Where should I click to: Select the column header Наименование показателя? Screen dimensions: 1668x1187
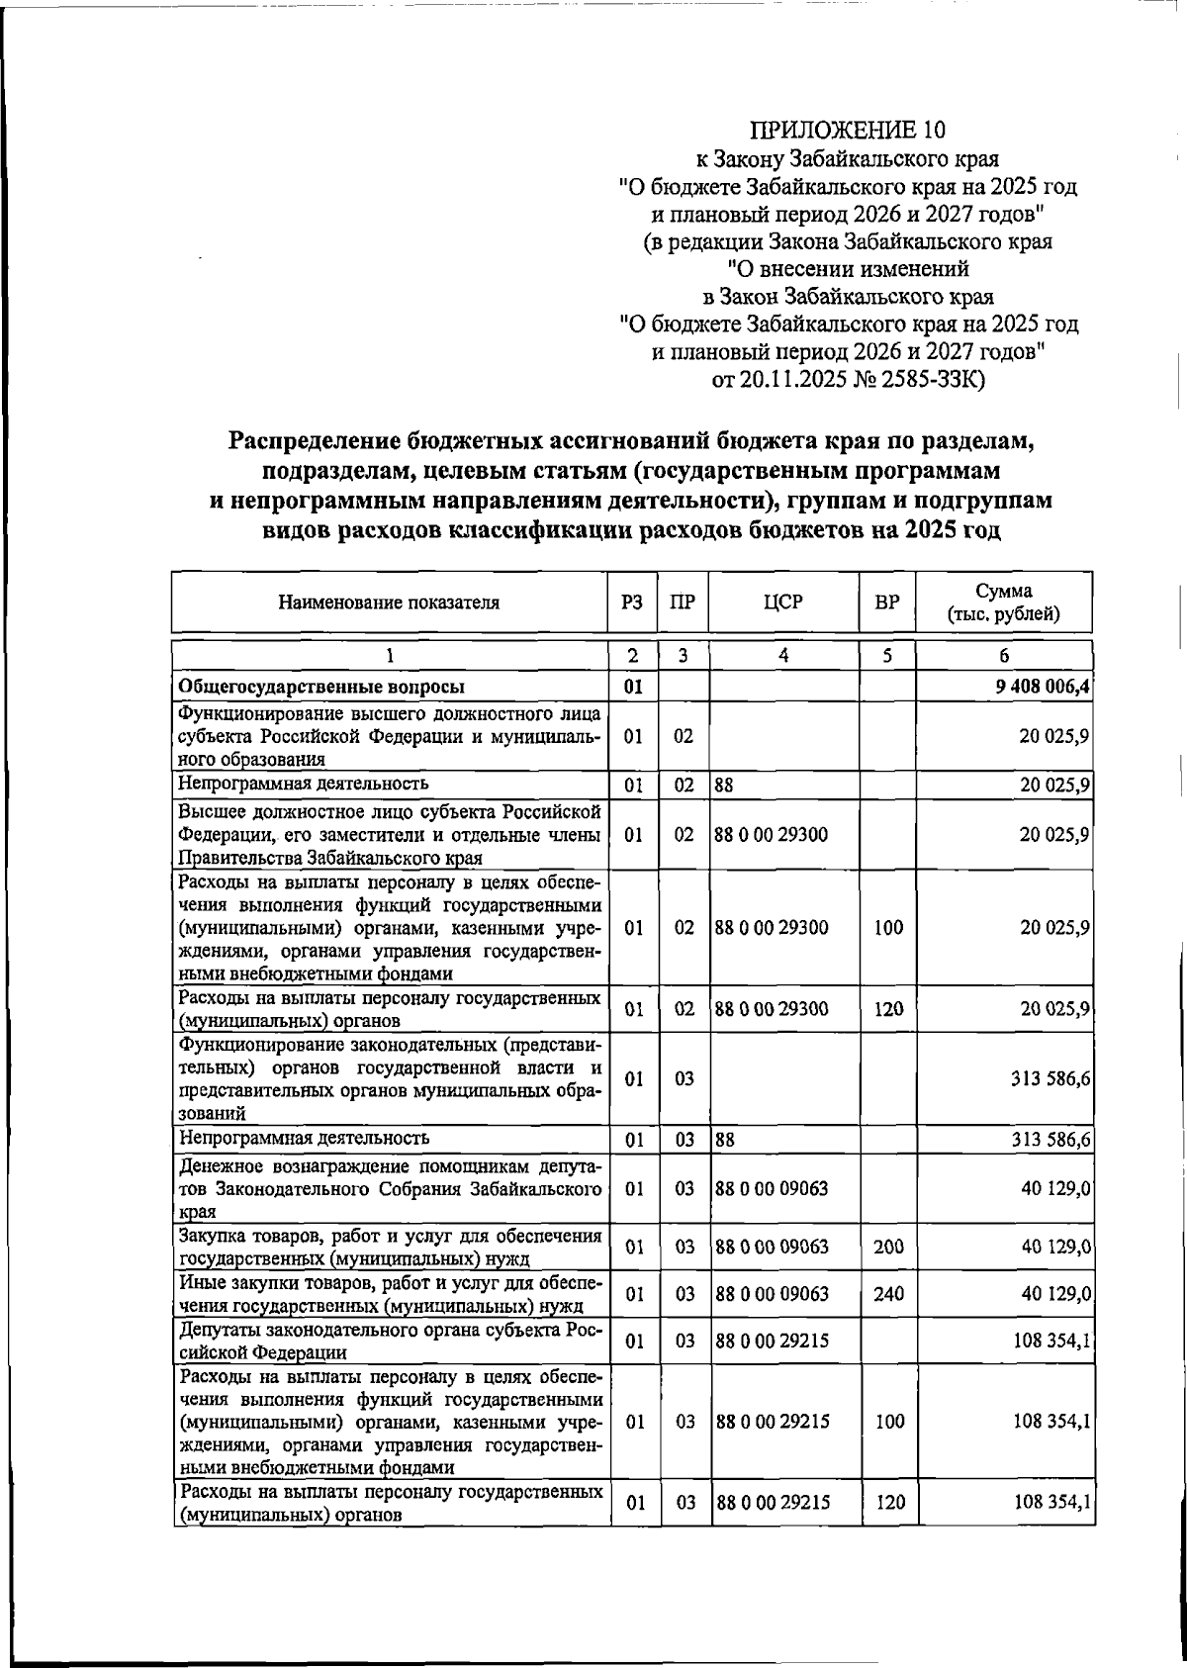coord(388,602)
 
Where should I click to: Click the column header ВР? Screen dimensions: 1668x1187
coord(887,602)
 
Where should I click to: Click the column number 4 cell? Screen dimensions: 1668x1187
coord(782,655)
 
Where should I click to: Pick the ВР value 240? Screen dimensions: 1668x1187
coord(888,1293)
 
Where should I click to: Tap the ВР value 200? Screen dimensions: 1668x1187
coord(888,1247)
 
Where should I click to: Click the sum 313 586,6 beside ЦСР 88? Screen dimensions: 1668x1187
coord(1050,1140)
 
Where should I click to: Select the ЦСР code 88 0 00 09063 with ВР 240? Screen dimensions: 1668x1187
coord(772,1293)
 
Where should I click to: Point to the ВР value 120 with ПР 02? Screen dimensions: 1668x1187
coord(888,1009)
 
